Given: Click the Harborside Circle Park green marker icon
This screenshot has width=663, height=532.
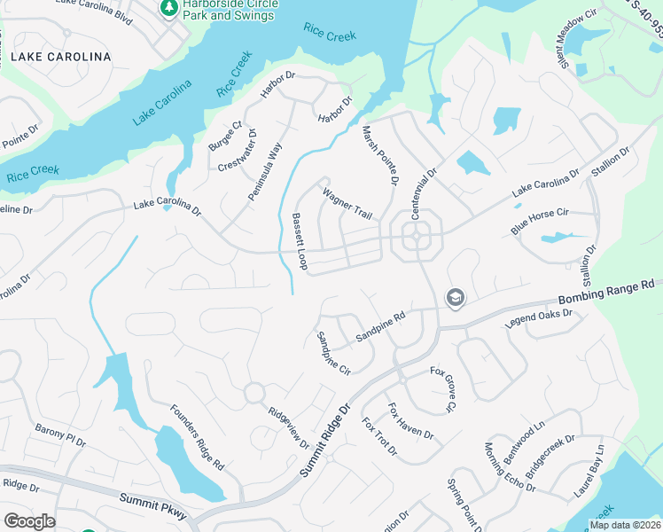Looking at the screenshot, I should pyautogui.click(x=168, y=8).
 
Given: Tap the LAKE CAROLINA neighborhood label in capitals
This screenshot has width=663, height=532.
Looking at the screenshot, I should pyautogui.click(x=61, y=57).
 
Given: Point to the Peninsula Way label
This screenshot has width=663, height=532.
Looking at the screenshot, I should pyautogui.click(x=265, y=169).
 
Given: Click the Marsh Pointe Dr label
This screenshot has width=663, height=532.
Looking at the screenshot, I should pyautogui.click(x=378, y=155).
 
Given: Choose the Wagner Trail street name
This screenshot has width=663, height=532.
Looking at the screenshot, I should pyautogui.click(x=347, y=204).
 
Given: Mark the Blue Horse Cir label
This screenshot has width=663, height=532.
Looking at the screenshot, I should pyautogui.click(x=539, y=222).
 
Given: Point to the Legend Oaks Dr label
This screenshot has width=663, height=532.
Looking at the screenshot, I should pyautogui.click(x=540, y=317).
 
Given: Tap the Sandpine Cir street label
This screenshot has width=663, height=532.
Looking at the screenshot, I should pyautogui.click(x=334, y=353).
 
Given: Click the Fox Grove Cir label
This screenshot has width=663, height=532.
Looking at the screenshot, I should pyautogui.click(x=443, y=388).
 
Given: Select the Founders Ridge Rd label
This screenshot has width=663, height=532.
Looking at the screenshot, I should pyautogui.click(x=198, y=437).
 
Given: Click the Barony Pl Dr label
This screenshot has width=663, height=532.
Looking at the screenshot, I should pyautogui.click(x=60, y=434).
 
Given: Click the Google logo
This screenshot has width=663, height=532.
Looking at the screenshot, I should pyautogui.click(x=28, y=521).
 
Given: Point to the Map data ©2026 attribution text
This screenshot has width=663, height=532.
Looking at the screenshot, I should pyautogui.click(x=625, y=525).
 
